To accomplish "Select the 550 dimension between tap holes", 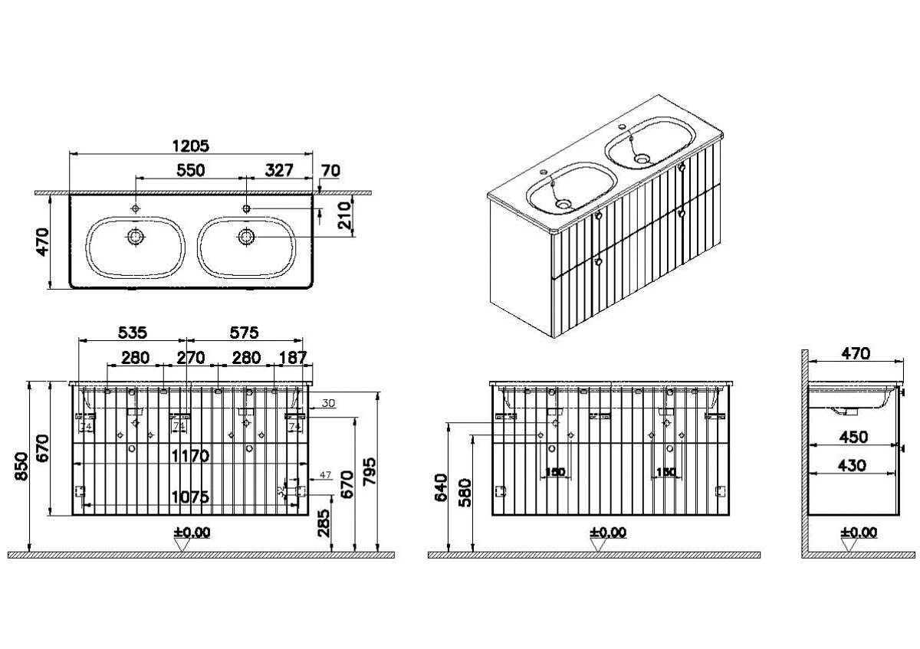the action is pyautogui.click(x=190, y=170).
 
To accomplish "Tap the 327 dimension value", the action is pyautogui.click(x=279, y=170).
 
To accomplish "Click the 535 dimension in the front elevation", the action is pyautogui.click(x=132, y=333).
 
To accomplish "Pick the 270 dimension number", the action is pyautogui.click(x=191, y=357).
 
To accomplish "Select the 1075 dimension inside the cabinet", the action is pyautogui.click(x=190, y=497).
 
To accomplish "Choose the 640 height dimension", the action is pyautogui.click(x=440, y=487).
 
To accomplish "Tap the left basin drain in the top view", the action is pyautogui.click(x=136, y=237).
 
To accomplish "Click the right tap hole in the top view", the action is pyautogui.click(x=247, y=208).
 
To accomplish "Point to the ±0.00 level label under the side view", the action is pyautogui.click(x=857, y=532).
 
